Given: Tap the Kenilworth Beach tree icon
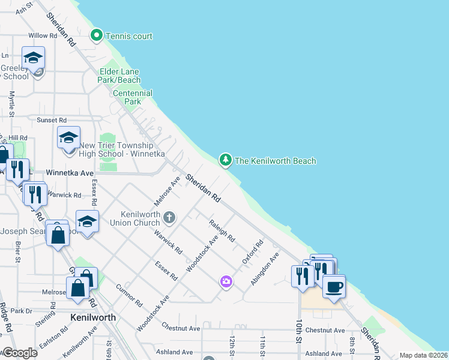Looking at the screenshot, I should tap(226, 160).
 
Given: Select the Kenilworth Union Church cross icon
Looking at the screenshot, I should tap(170, 217).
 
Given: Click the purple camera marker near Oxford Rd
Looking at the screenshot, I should tap(226, 281).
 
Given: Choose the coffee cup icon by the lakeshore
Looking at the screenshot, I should tap(334, 286).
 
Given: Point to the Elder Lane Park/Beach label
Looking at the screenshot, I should tap(120, 76).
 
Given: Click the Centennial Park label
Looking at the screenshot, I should tap(133, 97).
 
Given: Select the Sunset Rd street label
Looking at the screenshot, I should tap(52, 120).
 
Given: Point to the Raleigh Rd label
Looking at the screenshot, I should tap(221, 230).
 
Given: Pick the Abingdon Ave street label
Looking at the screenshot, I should tap(265, 268).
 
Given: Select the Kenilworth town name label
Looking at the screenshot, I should tap(92, 317).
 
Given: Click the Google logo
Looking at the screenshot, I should tap(20, 353).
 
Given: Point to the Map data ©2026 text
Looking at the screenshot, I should tap(423, 355).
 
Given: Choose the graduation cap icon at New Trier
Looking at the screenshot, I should tap(68, 138).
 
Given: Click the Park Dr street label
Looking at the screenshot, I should tap(20, 311).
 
